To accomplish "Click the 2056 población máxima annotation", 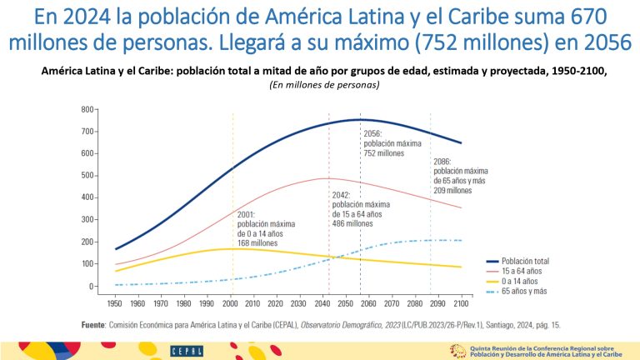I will tap(384, 143).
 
